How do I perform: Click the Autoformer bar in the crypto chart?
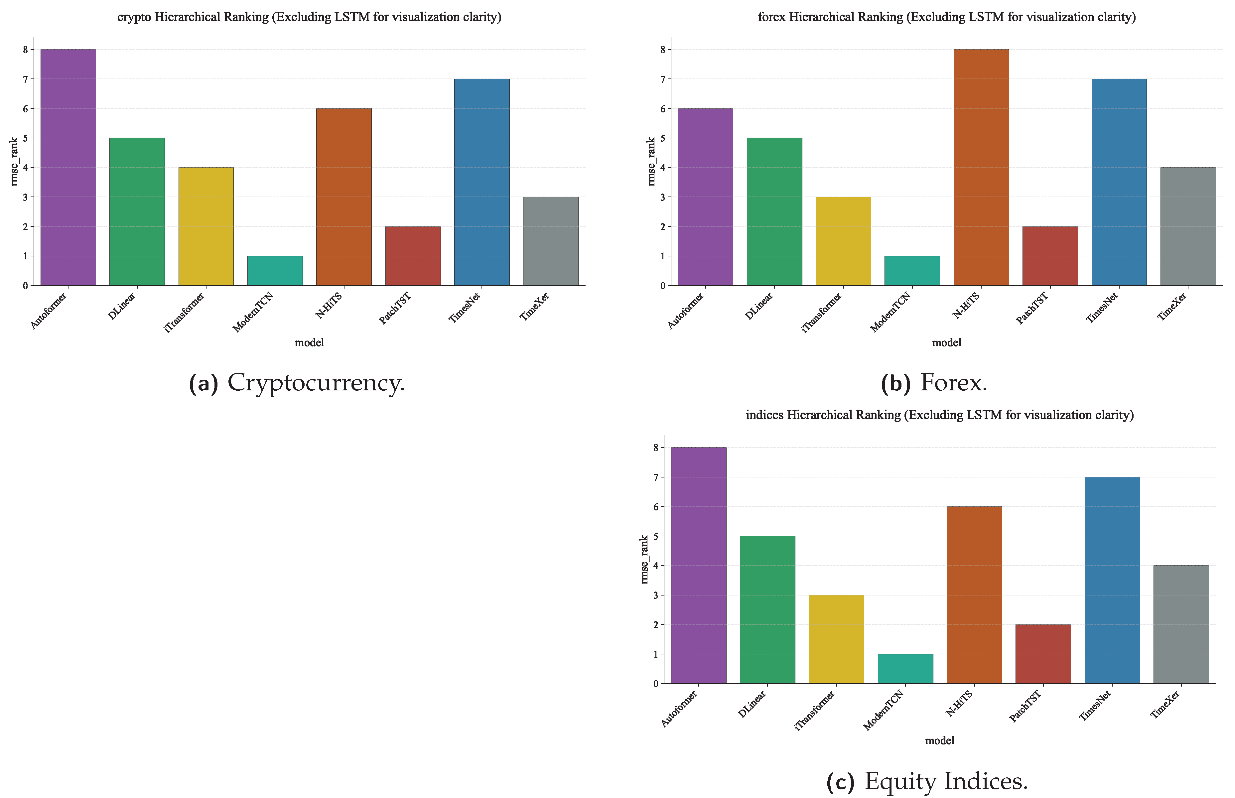pyautogui.click(x=68, y=167)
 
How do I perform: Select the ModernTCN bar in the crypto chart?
pyautogui.click(x=275, y=271)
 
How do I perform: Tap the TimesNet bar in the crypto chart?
pyautogui.click(x=481, y=182)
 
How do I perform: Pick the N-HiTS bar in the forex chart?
pyautogui.click(x=981, y=167)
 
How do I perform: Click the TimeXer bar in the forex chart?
pyautogui.click(x=1187, y=226)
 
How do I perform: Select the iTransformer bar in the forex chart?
pyautogui.click(x=843, y=241)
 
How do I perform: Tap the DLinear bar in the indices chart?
pyautogui.click(x=767, y=609)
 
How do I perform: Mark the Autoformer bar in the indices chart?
pyautogui.click(x=698, y=565)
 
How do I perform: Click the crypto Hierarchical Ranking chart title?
pyautogui.click(x=309, y=17)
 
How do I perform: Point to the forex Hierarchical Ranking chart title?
pyautogui.click(x=946, y=17)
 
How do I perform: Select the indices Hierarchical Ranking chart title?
pyautogui.click(x=939, y=415)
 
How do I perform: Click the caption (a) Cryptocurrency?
pyautogui.click(x=296, y=383)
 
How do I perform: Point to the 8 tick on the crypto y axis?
pyautogui.click(x=25, y=50)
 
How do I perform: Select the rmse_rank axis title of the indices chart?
pyautogui.click(x=644, y=560)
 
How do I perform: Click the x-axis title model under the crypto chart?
pyautogui.click(x=309, y=342)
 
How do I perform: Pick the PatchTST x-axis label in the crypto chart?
pyautogui.click(x=395, y=308)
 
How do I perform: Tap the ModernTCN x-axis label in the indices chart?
pyautogui.click(x=884, y=710)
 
